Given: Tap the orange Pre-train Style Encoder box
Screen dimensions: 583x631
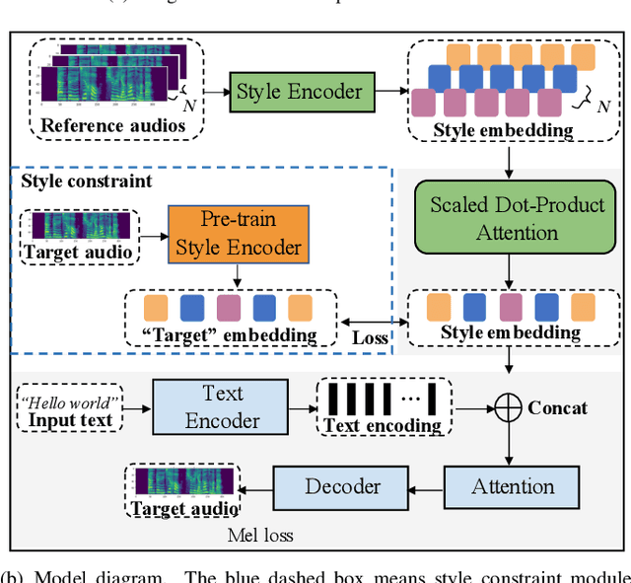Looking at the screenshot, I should point(238,234).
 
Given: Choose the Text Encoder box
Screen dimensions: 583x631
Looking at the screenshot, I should point(222,406).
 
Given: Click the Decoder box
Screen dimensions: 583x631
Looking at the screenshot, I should point(341,487).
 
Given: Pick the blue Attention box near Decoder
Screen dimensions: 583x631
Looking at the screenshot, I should point(512,487).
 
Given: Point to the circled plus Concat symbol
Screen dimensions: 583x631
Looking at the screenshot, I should point(508,406).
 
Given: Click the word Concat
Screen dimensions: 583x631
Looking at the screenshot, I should point(557,407).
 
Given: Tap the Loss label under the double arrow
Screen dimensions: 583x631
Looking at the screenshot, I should point(372,336).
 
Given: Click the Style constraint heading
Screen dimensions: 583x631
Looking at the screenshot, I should point(87,182).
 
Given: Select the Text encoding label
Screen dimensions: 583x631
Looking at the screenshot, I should point(383,425).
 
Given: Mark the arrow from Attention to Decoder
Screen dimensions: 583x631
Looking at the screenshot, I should point(425,487).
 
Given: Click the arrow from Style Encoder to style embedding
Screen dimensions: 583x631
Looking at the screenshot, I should point(389,92).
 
